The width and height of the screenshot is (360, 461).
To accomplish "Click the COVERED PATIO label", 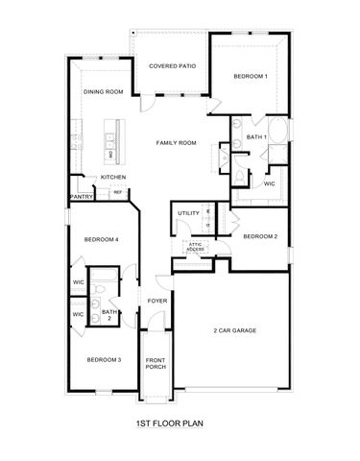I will tap(173, 66).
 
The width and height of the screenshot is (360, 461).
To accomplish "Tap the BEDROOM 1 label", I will tap(251, 76).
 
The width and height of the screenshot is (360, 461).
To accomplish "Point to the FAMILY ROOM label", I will tap(177, 142).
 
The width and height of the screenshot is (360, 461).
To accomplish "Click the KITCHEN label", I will tap(114, 177).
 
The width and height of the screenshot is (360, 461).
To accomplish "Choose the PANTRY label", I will tap(81, 197).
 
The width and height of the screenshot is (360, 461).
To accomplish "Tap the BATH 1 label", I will tap(256, 137).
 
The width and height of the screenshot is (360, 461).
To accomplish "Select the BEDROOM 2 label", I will tap(260, 236).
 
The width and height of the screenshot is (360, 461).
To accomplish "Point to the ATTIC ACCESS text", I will tap(195, 247).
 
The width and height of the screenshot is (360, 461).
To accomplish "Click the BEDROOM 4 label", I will tap(101, 239).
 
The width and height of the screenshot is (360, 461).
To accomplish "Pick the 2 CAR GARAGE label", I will tap(234, 330).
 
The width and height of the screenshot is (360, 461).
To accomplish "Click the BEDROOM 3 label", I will tap(104, 359).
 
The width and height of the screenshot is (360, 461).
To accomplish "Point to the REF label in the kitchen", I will tap(117, 192).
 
